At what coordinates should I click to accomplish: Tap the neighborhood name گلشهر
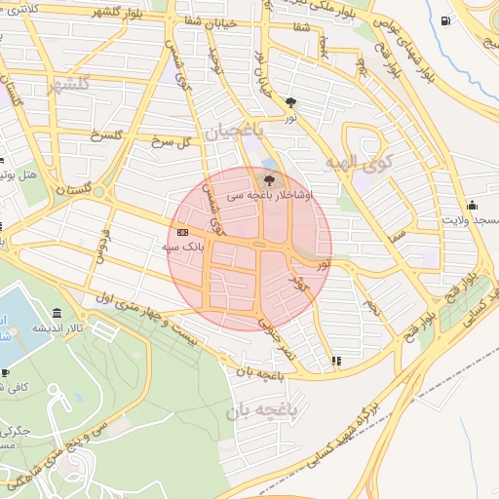67,85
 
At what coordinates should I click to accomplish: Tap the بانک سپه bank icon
182,231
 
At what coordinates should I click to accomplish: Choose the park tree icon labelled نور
290,101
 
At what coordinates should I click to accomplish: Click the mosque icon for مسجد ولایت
472,204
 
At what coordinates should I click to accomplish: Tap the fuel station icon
445,20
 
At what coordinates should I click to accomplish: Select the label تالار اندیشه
57,328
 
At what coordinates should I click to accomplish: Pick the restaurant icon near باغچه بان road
336,360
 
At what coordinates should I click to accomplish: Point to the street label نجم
370,308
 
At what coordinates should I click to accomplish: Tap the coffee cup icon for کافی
5,372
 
